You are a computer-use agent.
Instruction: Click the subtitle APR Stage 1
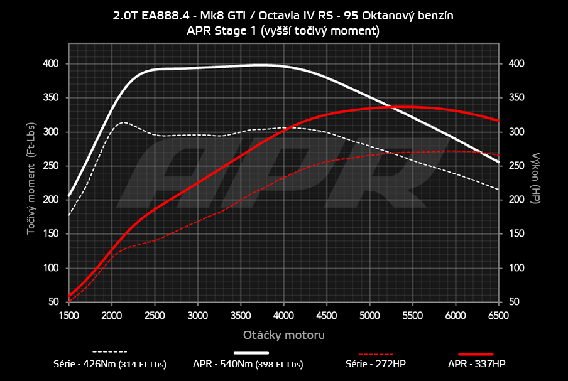point(283,30)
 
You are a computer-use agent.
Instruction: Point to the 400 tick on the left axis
point(51,63)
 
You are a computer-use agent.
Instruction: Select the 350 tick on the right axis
point(516,98)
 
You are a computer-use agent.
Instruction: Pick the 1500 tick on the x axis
point(68,315)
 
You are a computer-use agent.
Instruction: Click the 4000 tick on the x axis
point(283,315)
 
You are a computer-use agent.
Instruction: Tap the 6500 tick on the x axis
point(499,315)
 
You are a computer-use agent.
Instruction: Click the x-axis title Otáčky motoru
point(283,335)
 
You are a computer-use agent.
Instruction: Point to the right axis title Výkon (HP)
point(536,178)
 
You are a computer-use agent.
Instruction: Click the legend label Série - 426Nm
point(110,363)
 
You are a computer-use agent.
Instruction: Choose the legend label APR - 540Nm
point(248,363)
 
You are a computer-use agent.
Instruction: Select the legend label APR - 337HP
point(476,363)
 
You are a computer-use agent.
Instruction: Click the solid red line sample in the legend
point(476,354)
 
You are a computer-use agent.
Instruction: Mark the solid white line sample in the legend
point(251,354)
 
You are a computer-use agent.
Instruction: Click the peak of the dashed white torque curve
point(123,122)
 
